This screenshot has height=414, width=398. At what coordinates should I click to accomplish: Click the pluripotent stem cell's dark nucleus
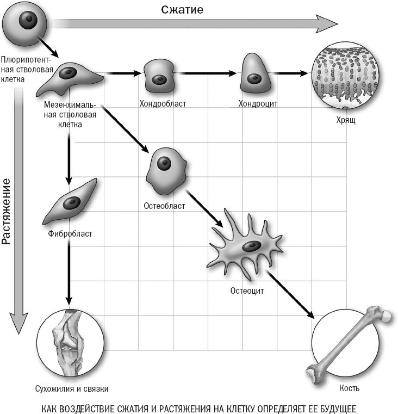point(24,21)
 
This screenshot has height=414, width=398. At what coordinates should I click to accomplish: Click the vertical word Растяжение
point(7,209)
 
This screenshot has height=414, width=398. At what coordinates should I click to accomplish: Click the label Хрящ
point(346,120)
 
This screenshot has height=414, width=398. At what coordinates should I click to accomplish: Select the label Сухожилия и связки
point(71,388)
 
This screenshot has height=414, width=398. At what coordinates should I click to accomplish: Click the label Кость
point(350,388)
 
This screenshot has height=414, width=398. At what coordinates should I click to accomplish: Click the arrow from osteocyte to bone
point(290,294)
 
